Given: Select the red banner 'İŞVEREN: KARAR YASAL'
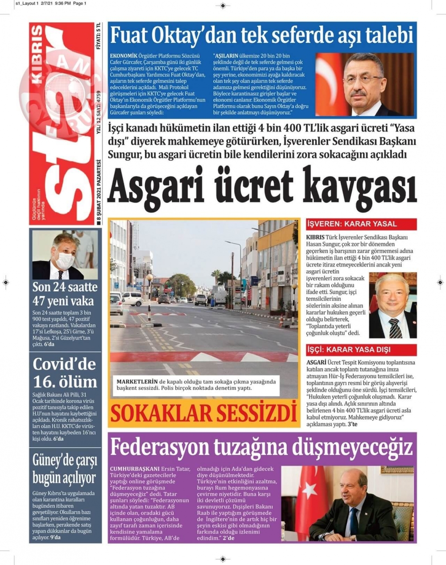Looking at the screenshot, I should [351, 224].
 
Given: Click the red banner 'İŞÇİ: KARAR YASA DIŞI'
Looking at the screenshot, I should [348, 349].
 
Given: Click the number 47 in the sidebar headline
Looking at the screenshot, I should [41, 301].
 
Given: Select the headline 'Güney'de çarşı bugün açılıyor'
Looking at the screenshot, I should [64, 469].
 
